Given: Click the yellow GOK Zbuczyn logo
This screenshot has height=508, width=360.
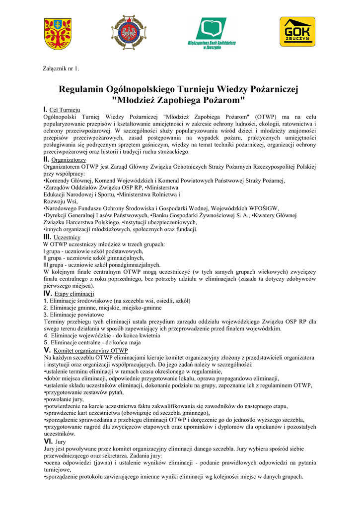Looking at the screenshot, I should [x=297, y=32].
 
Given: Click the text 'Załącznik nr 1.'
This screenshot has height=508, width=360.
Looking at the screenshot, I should [x=62, y=68].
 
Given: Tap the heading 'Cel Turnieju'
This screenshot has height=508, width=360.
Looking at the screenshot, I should [x=65, y=110].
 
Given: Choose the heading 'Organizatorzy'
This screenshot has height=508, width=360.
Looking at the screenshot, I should [x=69, y=160].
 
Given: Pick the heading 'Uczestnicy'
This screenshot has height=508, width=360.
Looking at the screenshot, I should [x=67, y=238].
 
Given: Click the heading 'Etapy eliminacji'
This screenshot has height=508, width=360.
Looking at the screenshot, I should [x=74, y=294].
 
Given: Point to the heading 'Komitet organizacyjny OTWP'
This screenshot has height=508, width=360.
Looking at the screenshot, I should [x=90, y=351].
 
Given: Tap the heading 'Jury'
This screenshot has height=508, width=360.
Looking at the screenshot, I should [x=60, y=442].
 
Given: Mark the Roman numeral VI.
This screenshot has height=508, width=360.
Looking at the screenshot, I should [x=48, y=441].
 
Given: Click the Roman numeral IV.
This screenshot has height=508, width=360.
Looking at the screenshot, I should [x=48, y=294].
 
